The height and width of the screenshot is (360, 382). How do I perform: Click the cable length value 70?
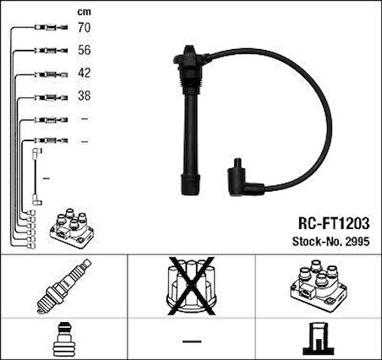83,29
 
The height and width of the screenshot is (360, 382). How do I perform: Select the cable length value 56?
83,51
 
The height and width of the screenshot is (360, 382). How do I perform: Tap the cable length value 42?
83,74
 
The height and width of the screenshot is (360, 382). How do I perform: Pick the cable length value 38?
83,95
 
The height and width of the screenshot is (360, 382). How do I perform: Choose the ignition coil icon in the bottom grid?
319,287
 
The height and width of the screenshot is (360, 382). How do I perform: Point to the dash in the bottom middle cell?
190,340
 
